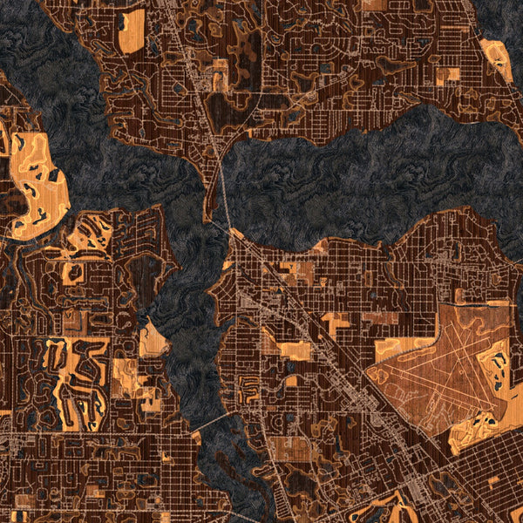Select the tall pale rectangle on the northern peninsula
132,31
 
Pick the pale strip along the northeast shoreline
498,59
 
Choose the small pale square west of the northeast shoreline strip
447,76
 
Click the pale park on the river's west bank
153,340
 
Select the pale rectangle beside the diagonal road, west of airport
294,350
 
